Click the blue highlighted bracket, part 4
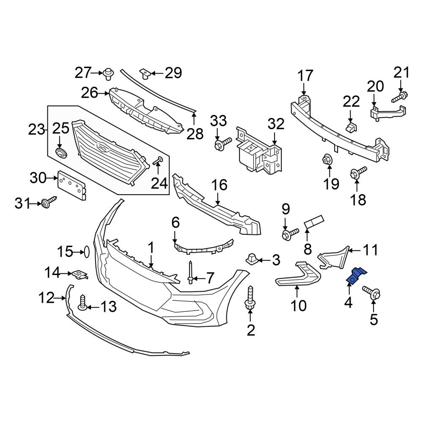(356, 275)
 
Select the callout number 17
(305, 76)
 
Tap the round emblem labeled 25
(60, 153)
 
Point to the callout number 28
(195, 134)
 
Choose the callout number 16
(220, 185)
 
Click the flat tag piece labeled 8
(314, 222)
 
